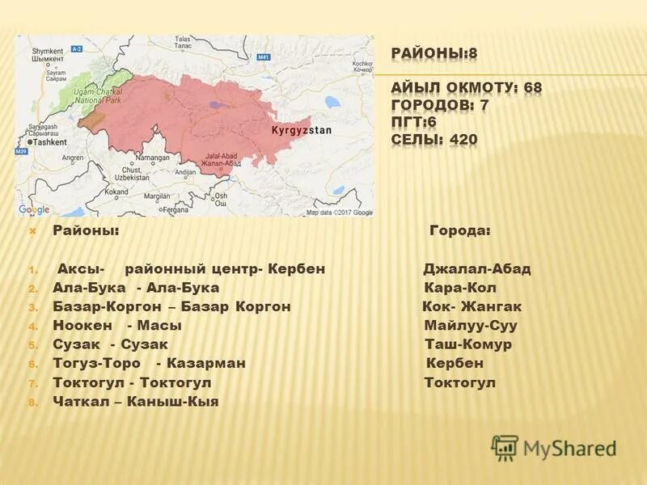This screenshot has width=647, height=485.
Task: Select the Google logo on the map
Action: pyautogui.click(x=34, y=209)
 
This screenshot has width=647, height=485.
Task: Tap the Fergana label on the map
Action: pyautogui.click(x=175, y=209)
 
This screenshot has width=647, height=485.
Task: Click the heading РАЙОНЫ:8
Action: pyautogui.click(x=434, y=54)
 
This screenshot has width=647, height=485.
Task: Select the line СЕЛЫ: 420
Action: pyautogui.click(x=434, y=140)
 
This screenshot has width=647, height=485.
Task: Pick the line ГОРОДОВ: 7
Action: pyautogui.click(x=451, y=105)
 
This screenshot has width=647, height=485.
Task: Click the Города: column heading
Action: pyautogui.click(x=459, y=231)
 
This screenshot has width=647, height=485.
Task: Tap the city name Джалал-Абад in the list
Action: pyautogui.click(x=477, y=269)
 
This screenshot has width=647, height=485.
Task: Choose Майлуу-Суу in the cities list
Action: pyautogui.click(x=471, y=326)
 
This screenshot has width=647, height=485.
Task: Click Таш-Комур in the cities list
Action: pyautogui.click(x=468, y=344)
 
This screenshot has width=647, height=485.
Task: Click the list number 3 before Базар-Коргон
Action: pyautogui.click(x=33, y=308)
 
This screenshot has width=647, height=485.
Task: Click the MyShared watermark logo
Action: pyautogui.click(x=554, y=447)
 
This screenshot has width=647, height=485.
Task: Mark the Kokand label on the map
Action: pyautogui.click(x=116, y=192)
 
